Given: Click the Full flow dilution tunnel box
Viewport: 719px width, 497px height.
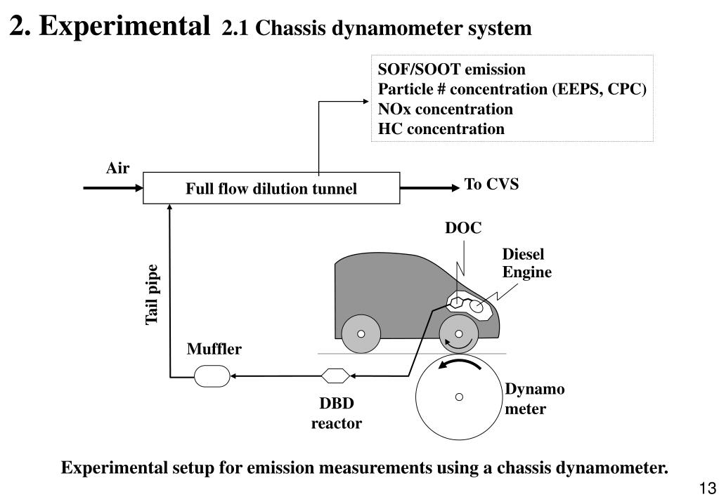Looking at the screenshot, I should click(271, 188).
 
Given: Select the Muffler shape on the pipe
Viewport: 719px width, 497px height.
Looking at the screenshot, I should click(212, 376).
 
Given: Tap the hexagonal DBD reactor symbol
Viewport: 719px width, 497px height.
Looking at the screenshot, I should click(335, 376).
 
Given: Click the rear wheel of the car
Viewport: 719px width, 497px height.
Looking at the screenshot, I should click(361, 334).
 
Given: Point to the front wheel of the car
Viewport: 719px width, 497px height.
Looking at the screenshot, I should click(459, 334).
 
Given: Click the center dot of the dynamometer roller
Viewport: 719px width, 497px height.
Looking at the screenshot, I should click(459, 397).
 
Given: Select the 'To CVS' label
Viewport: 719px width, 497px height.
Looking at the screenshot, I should click(491, 185).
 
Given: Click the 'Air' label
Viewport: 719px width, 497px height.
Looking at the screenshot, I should click(117, 168).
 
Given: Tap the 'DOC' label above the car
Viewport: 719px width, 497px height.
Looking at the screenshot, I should click(463, 228).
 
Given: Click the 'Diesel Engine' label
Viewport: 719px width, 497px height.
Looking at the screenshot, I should click(526, 264).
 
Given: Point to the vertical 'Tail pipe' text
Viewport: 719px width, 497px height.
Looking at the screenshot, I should click(153, 295).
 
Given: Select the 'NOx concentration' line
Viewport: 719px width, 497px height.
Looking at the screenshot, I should click(445, 110).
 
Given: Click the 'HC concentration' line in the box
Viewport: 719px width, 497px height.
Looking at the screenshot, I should click(441, 129).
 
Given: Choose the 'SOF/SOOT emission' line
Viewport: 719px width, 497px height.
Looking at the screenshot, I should click(451, 69).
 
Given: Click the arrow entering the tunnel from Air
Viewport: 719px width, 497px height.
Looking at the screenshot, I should click(112, 188).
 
